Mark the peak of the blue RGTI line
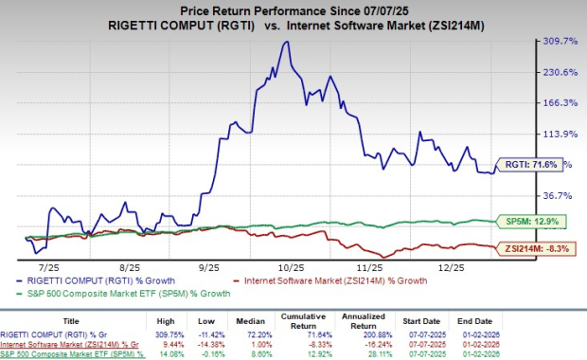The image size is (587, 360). tap(282, 44)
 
